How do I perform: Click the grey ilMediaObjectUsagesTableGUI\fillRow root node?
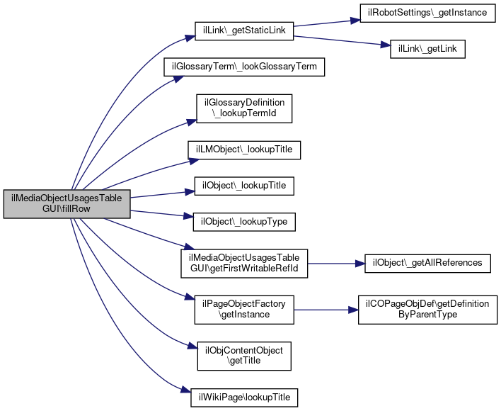tap(67, 205)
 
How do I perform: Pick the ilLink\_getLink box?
tap(427, 50)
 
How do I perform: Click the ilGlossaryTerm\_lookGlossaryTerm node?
tap(244, 68)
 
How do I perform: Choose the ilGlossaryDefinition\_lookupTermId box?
tap(244, 108)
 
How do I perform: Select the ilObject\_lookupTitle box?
tap(244, 186)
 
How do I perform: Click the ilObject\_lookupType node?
tap(244, 222)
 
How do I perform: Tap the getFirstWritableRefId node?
tap(244, 263)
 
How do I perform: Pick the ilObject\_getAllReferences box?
tap(427, 263)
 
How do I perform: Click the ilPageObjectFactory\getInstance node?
tap(244, 309)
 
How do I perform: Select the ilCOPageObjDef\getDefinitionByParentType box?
tap(427, 309)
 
